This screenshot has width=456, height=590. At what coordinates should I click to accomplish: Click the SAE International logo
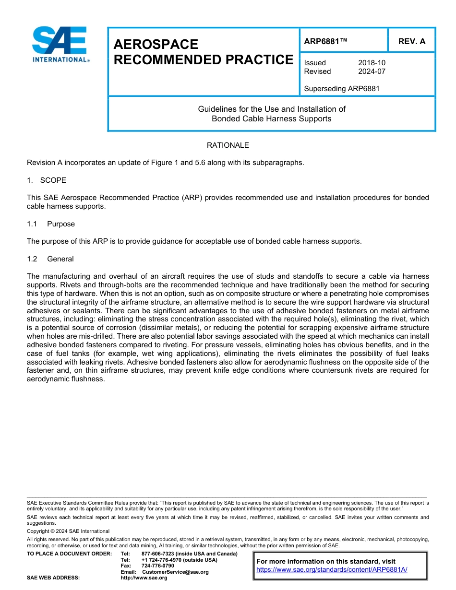pyautogui.click(x=60, y=44)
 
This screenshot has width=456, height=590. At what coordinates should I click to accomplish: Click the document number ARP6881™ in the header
pyautogui.click(x=325, y=41)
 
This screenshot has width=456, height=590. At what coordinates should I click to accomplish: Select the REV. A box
pyautogui.click(x=411, y=41)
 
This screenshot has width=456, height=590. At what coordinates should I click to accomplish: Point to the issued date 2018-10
pyautogui.click(x=372, y=63)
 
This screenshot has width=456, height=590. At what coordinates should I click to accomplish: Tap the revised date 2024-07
pyautogui.click(x=372, y=71)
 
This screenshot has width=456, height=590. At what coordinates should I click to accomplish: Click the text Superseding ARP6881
pyautogui.click(x=342, y=89)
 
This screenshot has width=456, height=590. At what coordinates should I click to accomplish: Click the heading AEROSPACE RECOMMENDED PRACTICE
pyautogui.click(x=203, y=52)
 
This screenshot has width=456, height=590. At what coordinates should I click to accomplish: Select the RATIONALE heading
pyautogui.click(x=228, y=145)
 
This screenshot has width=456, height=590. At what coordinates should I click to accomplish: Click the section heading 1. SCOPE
pyautogui.click(x=47, y=180)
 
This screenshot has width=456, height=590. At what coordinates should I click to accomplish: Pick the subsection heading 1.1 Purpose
pyautogui.click(x=51, y=224)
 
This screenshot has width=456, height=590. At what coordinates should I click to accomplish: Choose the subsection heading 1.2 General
pyautogui.click(x=50, y=259)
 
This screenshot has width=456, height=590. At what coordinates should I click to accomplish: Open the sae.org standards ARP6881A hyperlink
pyautogui.click(x=332, y=569)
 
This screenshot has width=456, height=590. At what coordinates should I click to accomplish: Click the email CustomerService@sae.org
pyautogui.click(x=175, y=572)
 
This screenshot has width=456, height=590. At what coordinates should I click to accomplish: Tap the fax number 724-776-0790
pyautogui.click(x=158, y=566)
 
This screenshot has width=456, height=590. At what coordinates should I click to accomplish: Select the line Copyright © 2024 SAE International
pyautogui.click(x=68, y=531)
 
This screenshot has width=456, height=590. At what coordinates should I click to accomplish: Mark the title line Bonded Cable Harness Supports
pyautogui.click(x=271, y=118)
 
